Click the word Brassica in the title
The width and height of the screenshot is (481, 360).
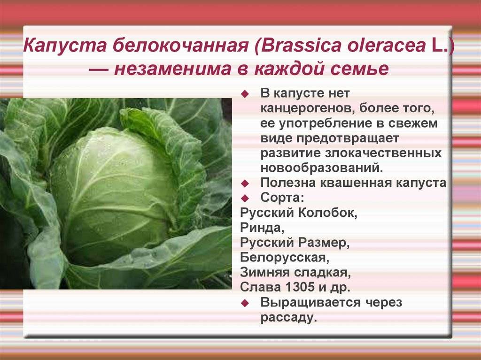pyautogui.click(x=302, y=45)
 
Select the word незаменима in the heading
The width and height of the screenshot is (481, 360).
pyautogui.click(x=171, y=69)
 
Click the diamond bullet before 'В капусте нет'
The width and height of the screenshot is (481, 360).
pyautogui.click(x=245, y=94)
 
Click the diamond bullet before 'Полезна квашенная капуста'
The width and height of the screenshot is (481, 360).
pyautogui.click(x=245, y=184)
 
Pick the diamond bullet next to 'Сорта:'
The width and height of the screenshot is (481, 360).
pyautogui.click(x=245, y=198)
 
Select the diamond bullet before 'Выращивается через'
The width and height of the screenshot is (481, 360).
pyautogui.click(x=245, y=303)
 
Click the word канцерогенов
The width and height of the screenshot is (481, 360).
pyautogui.click(x=307, y=108)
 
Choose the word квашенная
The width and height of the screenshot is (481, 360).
pyautogui.click(x=356, y=183)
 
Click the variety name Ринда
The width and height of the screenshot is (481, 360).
pyautogui.click(x=260, y=228)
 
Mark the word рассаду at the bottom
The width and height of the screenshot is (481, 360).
pyautogui.click(x=288, y=318)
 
